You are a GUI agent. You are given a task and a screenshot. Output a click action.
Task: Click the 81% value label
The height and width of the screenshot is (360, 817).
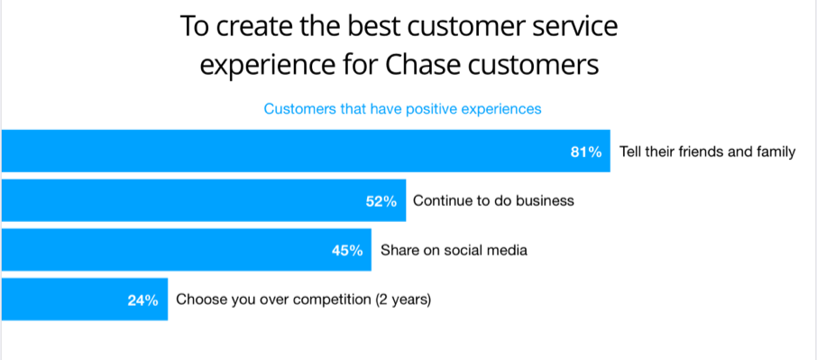point(586,152)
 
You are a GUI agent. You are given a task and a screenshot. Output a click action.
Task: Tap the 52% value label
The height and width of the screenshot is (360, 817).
point(381,201)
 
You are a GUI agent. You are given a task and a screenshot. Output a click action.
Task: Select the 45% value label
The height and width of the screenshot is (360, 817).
point(347,251)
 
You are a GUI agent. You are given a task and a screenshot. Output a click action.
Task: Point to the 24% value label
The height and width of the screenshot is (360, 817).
point(142,300)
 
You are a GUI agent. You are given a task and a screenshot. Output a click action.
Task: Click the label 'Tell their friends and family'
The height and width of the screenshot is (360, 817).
point(708,152)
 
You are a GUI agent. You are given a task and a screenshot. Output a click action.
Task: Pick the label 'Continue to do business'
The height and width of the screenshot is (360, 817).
point(493,200)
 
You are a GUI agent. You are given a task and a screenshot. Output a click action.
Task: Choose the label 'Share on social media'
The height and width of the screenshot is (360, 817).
point(454,250)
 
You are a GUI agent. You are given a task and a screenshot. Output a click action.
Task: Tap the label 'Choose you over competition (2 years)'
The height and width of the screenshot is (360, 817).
point(303,300)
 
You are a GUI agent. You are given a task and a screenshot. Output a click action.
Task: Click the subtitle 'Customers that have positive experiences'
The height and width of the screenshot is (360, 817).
point(403,109)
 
